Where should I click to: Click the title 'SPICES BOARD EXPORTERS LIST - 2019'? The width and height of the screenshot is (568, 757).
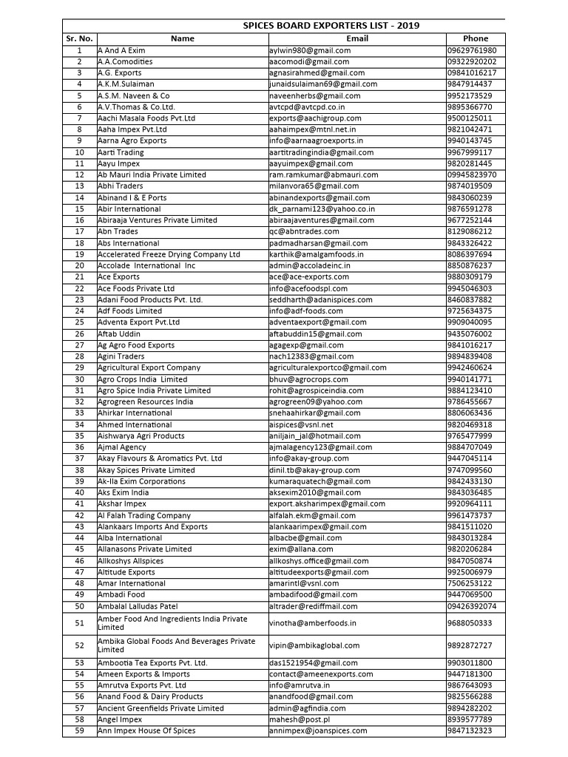click(x=331, y=25)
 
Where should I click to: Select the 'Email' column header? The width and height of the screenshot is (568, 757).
click(x=356, y=38)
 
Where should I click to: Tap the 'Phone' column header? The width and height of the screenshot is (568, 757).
click(x=476, y=38)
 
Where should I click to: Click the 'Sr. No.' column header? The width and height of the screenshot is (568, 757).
click(x=79, y=38)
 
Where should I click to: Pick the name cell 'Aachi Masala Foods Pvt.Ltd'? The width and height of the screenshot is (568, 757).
click(x=146, y=118)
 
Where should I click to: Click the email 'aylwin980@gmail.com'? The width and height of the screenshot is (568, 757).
click(x=310, y=50)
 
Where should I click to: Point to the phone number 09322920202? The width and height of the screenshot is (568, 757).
click(x=472, y=61)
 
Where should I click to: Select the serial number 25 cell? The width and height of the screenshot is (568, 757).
click(x=79, y=322)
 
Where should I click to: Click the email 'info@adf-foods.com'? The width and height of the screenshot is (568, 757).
click(x=306, y=311)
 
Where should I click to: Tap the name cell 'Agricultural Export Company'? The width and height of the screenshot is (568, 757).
click(x=149, y=367)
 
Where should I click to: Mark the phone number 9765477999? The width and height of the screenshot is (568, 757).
click(x=470, y=436)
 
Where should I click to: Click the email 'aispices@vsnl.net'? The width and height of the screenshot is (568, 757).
click(x=302, y=424)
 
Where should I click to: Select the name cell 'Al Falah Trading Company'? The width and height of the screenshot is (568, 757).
click(x=144, y=515)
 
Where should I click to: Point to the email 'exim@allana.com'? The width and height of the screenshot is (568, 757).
click(x=301, y=549)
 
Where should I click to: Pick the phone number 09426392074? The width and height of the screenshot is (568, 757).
click(x=472, y=606)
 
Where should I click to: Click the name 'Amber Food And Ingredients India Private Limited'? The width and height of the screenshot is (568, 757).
click(x=172, y=622)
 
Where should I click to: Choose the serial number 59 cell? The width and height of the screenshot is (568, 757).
click(x=79, y=730)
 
